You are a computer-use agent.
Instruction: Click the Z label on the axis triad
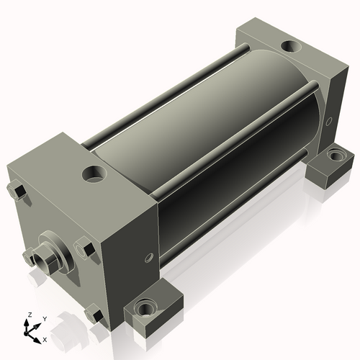coord(30,315)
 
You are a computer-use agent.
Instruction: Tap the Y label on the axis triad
coord(45,319)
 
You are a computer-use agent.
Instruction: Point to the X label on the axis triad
coord(45,340)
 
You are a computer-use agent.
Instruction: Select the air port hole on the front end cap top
coord(94,174)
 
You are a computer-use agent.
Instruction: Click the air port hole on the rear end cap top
coord(291,46)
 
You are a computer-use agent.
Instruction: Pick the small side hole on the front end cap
coord(149,258)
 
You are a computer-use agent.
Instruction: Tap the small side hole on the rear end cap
coord(329,121)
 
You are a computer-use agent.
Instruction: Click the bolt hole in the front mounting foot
coord(145,308)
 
